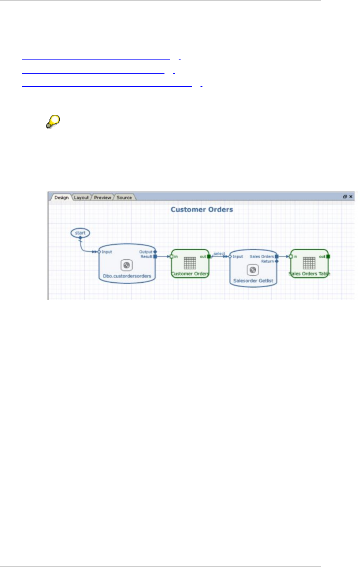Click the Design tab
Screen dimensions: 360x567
pos(61,198)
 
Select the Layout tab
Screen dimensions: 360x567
pos(81,198)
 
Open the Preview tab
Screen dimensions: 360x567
pos(102,198)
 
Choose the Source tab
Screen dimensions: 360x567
pos(124,198)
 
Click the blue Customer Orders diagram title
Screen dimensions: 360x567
pos(202,209)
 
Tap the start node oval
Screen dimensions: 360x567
pos(80,233)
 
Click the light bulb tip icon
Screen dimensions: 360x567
pos(53,122)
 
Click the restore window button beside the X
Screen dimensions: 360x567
pos(345,196)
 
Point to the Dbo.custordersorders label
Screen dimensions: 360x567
pos(127,276)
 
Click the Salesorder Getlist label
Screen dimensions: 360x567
pos(253,280)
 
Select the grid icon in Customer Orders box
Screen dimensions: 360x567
pos(190,263)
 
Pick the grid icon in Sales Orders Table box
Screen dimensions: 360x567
pos(309,263)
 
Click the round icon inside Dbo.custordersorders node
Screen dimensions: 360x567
pos(127,265)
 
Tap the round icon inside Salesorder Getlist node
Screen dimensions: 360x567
pos(253,270)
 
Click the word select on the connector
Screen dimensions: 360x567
pos(219,254)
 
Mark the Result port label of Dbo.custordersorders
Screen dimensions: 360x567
pos(146,257)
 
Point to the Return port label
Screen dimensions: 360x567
pos(268,261)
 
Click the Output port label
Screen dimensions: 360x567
pos(146,252)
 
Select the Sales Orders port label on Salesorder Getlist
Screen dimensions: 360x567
pos(262,257)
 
